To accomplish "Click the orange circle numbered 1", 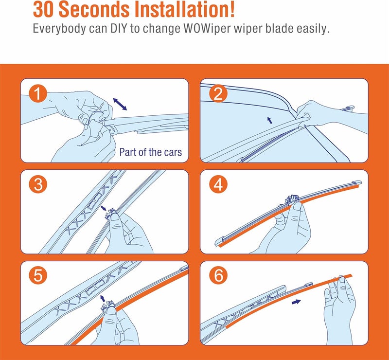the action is [38, 94].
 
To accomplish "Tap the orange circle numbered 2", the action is [218, 94].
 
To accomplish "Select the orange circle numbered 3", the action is [38, 185].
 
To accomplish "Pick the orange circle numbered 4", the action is [218, 185].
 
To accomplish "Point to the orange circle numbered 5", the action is [38, 275].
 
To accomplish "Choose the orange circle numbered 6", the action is [218, 275].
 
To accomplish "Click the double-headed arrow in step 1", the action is [120, 104].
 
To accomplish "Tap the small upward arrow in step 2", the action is [270, 120].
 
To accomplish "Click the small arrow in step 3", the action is [104, 208].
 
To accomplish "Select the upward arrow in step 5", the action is [102, 299].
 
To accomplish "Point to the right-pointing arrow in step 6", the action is [296, 302].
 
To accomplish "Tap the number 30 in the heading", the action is [43, 10].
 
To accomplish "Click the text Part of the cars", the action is [151, 152].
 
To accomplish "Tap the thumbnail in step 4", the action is [298, 206].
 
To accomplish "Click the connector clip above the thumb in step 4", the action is [292, 199].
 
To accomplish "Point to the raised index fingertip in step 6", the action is [342, 279].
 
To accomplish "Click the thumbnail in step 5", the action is [111, 311].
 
